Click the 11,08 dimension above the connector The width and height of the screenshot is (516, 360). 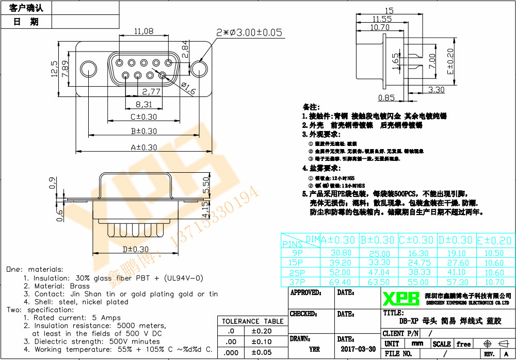[x=144, y=31]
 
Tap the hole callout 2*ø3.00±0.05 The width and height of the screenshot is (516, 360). [x=249, y=32]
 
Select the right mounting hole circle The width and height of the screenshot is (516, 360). [x=201, y=69]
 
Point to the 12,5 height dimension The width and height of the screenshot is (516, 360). [x=55, y=69]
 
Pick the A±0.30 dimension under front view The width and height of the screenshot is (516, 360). [x=144, y=147]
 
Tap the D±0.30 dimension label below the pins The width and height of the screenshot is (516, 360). [x=136, y=250]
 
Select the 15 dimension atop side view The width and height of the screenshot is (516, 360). [x=389, y=10]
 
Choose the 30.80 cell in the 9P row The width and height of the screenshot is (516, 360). [x=341, y=253]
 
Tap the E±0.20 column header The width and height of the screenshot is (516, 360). [x=494, y=240]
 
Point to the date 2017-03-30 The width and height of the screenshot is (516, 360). [x=358, y=349]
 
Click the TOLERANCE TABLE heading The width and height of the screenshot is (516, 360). [x=252, y=321]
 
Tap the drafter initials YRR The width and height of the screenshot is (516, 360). [x=314, y=349]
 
